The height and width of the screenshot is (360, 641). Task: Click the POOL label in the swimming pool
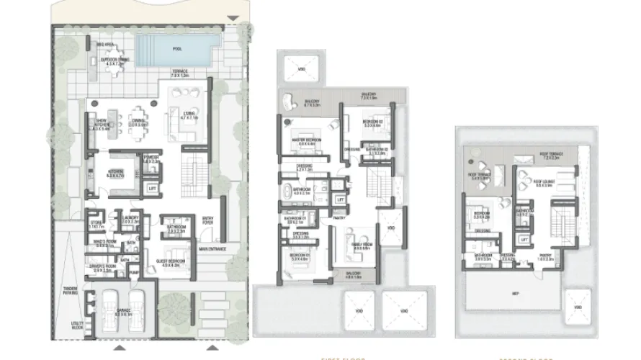(177, 48)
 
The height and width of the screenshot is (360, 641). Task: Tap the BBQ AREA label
(107, 45)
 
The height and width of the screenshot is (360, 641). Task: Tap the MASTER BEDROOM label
(307, 140)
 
